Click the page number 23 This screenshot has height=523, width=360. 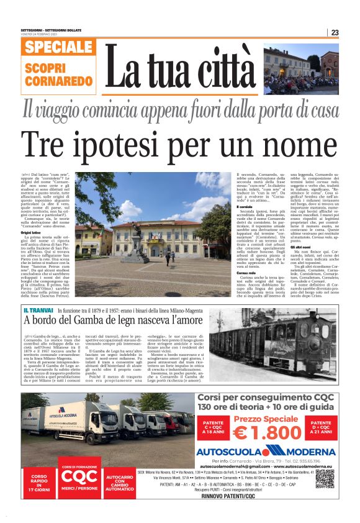click(x=352, y=32)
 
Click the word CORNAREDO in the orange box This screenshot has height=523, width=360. click(x=59, y=81)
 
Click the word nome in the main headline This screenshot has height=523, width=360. click(x=294, y=147)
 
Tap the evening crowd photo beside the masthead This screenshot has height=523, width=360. click(x=300, y=68)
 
